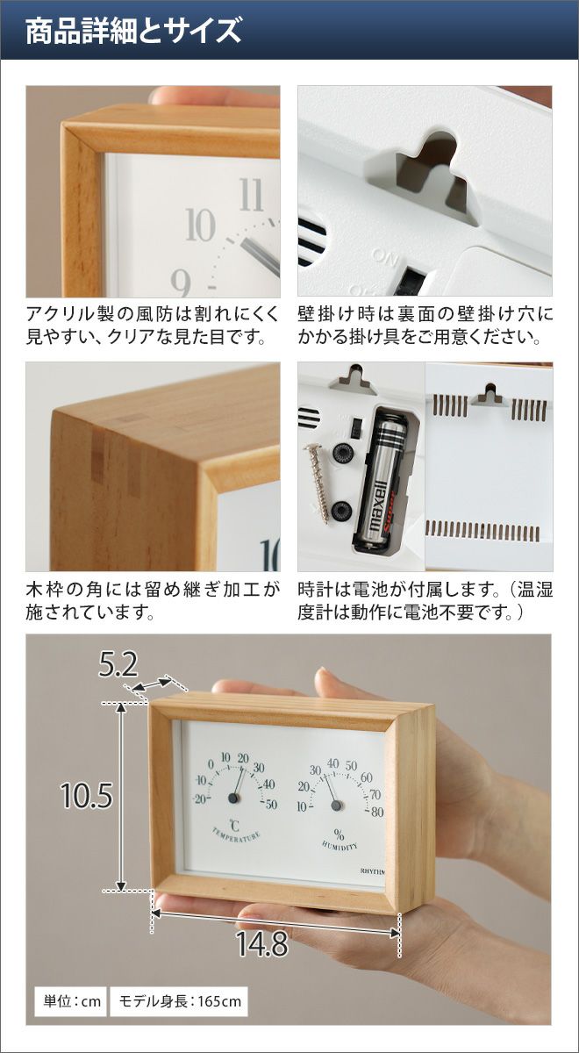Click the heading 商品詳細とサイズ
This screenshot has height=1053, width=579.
[x=133, y=31]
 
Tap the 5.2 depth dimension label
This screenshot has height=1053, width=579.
[x=118, y=665]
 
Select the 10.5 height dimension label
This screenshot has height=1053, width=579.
[x=87, y=796]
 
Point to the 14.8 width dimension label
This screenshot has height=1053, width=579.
[x=261, y=943]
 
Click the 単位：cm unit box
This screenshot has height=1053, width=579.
[x=72, y=1001]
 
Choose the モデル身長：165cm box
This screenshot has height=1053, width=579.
[x=179, y=1001]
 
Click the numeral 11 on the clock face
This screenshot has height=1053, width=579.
[x=251, y=195]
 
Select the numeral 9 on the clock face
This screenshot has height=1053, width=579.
[x=181, y=283]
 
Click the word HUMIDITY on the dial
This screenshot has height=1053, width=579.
[x=340, y=845]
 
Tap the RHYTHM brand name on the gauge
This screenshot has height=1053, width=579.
[x=372, y=871]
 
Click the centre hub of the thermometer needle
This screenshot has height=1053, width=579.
[x=233, y=798]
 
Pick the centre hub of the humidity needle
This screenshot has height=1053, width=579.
[x=336, y=805]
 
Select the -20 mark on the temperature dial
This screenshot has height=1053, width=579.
[x=200, y=799]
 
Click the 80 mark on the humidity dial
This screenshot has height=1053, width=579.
[x=377, y=813]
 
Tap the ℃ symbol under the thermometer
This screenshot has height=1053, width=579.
[x=234, y=826]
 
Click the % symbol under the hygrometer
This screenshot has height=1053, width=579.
[x=340, y=835]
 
